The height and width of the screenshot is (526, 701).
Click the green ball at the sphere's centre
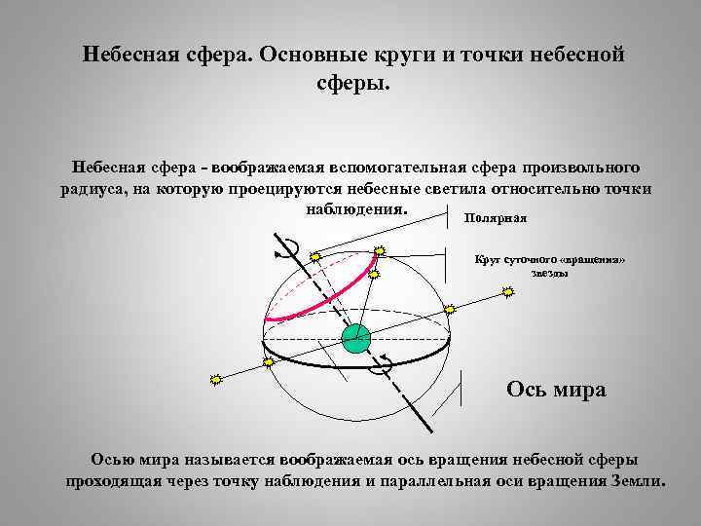357,338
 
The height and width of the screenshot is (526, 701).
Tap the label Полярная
496,218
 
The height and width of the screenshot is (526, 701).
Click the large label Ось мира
556,390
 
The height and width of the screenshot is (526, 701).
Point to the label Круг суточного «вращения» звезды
550,266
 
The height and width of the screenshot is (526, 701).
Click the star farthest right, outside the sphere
506,290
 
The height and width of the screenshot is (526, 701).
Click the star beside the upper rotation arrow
314,256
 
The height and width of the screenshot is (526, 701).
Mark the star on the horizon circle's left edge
268,361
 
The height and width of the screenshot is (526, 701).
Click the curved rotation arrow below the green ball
384,363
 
